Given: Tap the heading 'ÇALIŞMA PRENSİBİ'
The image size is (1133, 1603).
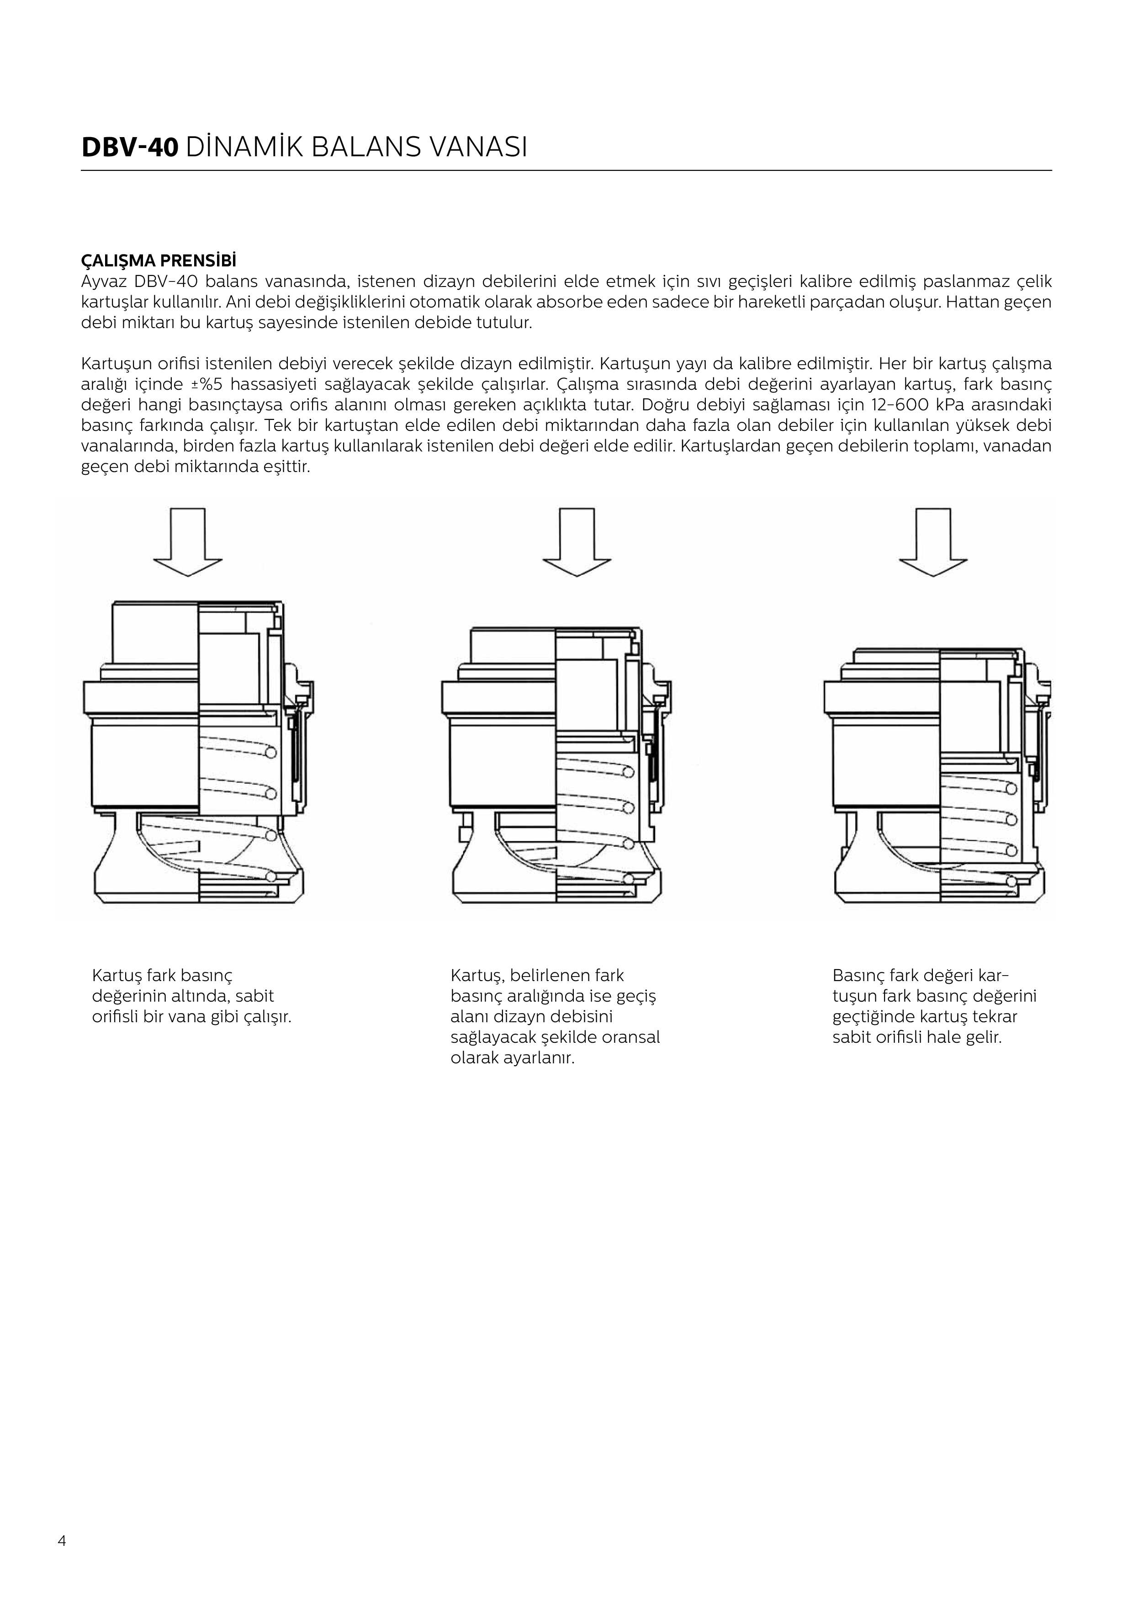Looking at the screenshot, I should pos(159,261).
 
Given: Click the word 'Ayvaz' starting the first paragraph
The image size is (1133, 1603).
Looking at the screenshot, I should pos(103,281).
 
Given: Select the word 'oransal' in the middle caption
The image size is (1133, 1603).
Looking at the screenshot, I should pos(630,1037).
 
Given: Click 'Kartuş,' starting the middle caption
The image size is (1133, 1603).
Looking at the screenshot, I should pos(476,975).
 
